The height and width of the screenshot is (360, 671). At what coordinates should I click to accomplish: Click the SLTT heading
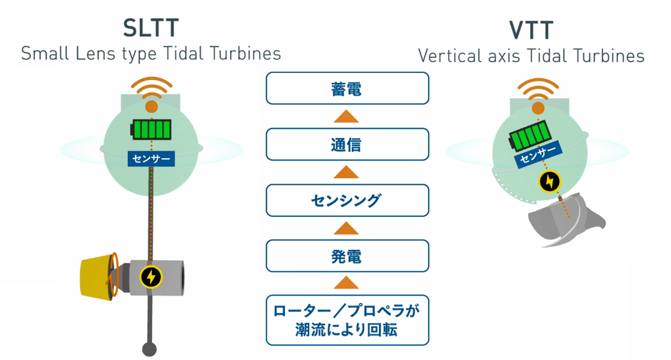pos(150,29)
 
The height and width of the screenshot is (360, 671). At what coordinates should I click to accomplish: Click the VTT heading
pos(532,31)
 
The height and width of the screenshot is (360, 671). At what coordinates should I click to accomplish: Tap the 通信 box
pos(347,144)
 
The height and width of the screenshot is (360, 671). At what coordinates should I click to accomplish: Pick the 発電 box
pos(347,256)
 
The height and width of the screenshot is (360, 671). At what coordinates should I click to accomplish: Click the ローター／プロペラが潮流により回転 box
pos(347,320)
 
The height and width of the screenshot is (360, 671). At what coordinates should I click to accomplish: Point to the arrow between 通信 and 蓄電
pos(347,116)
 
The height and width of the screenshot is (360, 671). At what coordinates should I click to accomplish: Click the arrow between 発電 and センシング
pos(347,229)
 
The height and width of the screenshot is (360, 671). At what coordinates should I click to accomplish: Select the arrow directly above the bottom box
pos(347,283)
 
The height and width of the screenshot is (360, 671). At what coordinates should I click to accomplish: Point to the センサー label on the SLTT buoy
pos(150,158)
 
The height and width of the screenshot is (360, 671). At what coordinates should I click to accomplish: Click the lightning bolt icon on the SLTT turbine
pos(150,276)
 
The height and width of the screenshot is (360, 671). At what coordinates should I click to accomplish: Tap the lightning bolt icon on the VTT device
pos(549,182)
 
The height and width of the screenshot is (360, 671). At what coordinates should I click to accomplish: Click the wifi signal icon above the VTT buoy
pos(538,90)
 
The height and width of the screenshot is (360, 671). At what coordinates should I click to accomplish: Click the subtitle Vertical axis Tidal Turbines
pos(532,56)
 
